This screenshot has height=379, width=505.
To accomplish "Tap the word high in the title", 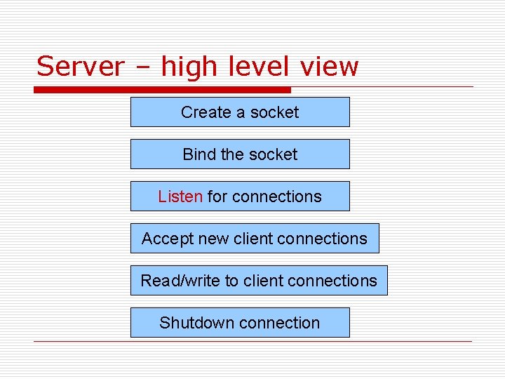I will click(x=189, y=67).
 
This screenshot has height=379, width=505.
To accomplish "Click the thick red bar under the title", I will click(x=162, y=90).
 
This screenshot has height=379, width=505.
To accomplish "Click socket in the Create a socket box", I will click(x=274, y=112).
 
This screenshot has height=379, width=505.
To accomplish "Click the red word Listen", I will click(x=180, y=197).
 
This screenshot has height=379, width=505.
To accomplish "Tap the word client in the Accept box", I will click(x=252, y=239).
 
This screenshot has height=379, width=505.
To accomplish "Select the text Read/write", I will click(x=180, y=281).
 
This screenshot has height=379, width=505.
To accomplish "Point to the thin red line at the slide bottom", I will click(x=252, y=342).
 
